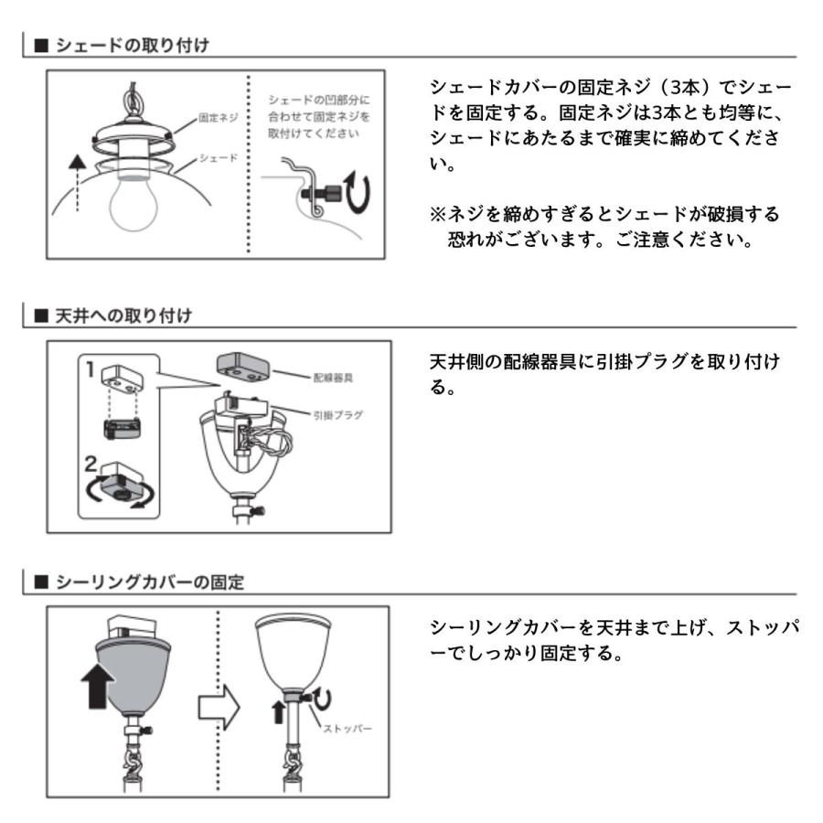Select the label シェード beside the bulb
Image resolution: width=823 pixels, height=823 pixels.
tap(219, 157)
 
